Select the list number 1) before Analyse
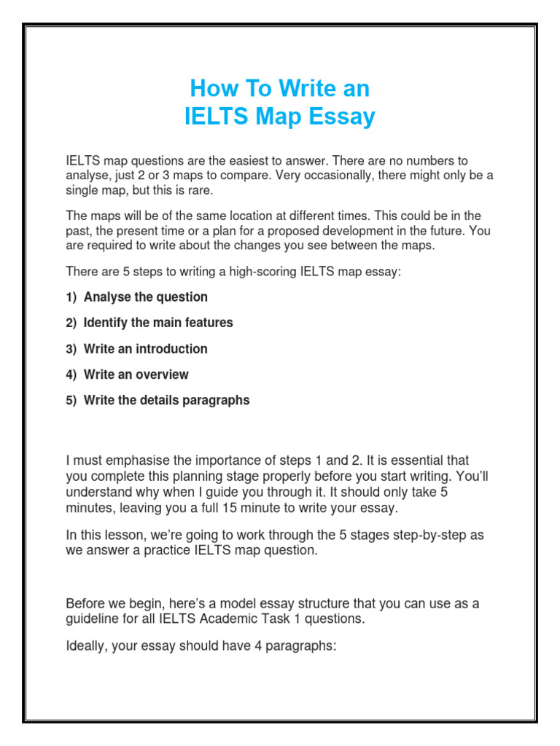click(x=71, y=297)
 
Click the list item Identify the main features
click(x=158, y=323)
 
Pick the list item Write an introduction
click(x=145, y=349)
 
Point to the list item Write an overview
click(x=136, y=374)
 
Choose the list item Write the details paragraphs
click(x=166, y=400)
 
